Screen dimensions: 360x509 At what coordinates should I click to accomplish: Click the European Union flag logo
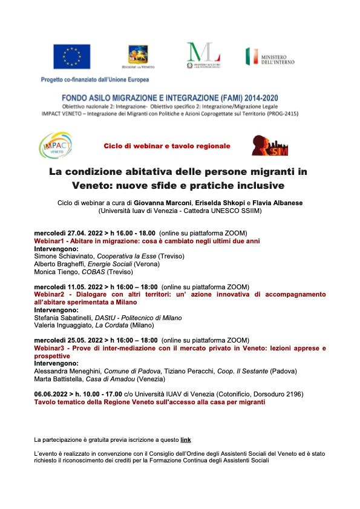coord(72,56)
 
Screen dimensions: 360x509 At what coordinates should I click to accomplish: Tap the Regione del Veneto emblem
coord(138,57)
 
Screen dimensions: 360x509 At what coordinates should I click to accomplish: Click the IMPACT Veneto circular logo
coord(56,146)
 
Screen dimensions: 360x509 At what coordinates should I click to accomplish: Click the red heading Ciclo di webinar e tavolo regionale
coord(167,146)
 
